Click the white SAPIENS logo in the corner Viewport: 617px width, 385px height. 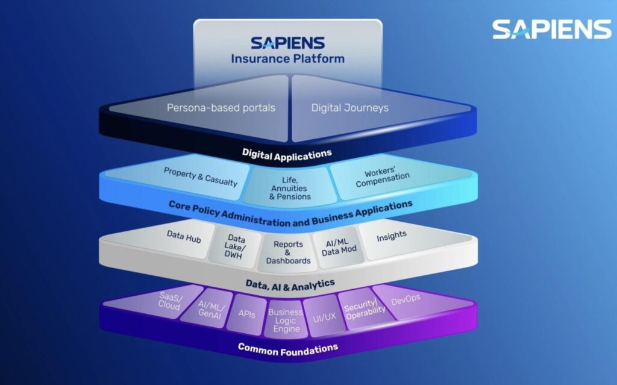point(551,29)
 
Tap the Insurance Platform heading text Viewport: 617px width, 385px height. point(288,58)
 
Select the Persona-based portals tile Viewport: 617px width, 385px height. point(221,108)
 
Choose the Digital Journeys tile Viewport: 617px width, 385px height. point(350,108)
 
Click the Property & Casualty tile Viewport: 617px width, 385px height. point(201,177)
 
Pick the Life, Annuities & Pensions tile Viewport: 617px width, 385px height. point(291,188)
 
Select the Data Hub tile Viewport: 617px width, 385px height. point(184,237)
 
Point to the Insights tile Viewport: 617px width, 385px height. point(392,236)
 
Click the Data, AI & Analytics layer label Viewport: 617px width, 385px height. point(290,283)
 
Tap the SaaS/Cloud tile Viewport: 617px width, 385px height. point(169,301)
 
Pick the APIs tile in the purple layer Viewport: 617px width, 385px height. point(246,314)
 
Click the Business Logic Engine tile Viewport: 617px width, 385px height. point(285,321)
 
